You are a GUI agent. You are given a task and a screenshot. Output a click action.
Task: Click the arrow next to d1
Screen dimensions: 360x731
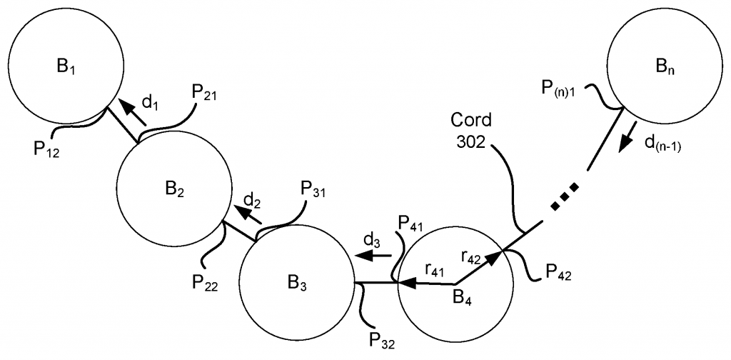128,109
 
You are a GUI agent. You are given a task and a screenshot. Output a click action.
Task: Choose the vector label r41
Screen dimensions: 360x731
435,269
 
